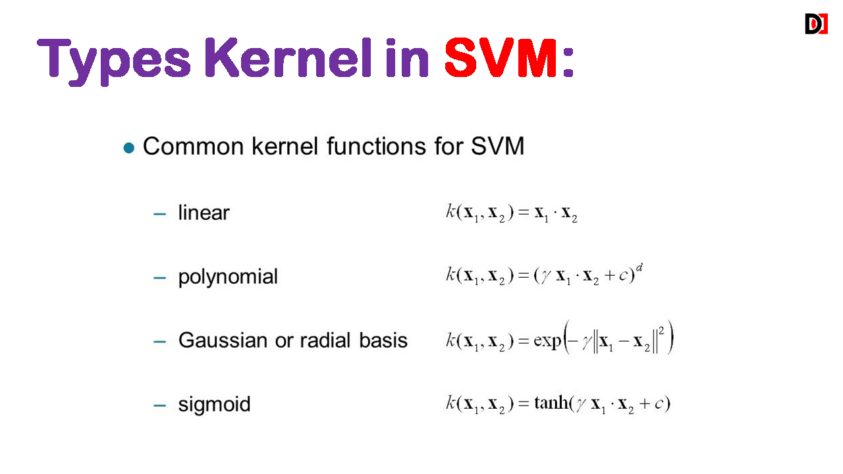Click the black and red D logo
click(816, 24)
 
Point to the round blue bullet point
click(128, 148)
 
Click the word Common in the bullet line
click(194, 146)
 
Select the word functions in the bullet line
click(376, 146)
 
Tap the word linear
click(204, 213)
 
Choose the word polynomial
click(228, 277)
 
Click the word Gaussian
click(223, 340)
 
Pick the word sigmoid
click(214, 405)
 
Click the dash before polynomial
click(160, 278)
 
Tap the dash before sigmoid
click(160, 406)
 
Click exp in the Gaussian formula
click(547, 341)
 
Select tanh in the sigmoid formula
click(551, 403)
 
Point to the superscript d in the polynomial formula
click(639, 268)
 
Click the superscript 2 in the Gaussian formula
click(661, 331)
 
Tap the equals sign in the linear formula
click(524, 213)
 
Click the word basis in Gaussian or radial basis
click(383, 340)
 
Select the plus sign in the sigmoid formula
click(644, 404)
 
